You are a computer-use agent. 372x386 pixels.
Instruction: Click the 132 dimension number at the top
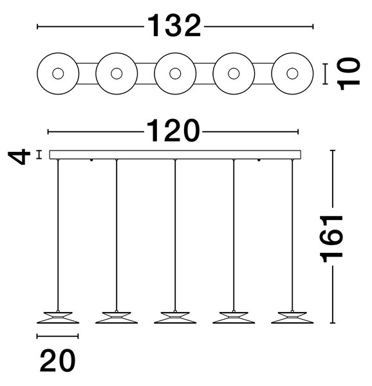click(174, 26)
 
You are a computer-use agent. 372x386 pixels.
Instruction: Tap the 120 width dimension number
click(173, 131)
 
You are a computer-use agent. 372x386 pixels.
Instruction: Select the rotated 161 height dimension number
click(331, 238)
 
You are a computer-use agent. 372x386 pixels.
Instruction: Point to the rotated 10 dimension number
click(349, 73)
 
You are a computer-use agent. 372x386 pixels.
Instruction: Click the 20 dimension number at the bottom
click(58, 360)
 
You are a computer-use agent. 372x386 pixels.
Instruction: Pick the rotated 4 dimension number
click(19, 156)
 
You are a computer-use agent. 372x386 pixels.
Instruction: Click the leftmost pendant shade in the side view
click(58, 318)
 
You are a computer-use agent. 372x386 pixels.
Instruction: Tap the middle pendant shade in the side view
click(175, 318)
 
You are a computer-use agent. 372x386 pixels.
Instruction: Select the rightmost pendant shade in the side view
click(292, 318)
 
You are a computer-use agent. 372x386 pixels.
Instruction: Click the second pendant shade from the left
click(116, 318)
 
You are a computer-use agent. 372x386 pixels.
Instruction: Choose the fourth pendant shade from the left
click(234, 318)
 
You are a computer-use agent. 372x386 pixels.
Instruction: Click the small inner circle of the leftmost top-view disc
click(58, 73)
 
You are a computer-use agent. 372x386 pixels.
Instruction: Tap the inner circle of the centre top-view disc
click(175, 73)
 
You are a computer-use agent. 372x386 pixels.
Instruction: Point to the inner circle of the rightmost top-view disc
click(292, 73)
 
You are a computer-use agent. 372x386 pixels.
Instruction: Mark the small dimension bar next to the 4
click(39, 155)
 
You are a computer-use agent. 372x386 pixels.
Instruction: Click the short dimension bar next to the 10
click(325, 74)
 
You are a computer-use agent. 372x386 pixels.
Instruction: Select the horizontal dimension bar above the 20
click(58, 336)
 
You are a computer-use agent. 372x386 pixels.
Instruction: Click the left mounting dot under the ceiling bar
click(91, 160)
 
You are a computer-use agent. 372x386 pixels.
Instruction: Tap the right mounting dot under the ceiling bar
click(259, 160)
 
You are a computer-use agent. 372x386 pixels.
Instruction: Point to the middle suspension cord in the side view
click(175, 235)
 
